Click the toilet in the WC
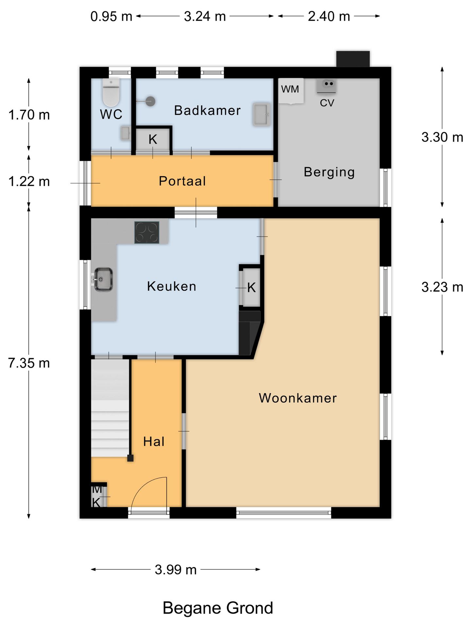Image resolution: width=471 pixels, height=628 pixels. click(111, 92)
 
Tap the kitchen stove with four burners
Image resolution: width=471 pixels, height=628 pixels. click(147, 233)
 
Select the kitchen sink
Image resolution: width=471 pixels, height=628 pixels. click(103, 279)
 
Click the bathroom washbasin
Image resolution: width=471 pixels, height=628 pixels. click(262, 114)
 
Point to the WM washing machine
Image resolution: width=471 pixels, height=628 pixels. click(291, 91)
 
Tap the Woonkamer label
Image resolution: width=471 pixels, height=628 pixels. click(298, 398)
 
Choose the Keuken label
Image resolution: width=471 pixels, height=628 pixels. click(172, 286)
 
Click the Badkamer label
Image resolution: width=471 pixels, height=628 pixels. click(207, 110)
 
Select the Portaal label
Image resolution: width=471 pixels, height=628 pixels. click(182, 181)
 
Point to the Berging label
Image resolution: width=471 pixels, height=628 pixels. click(329, 172)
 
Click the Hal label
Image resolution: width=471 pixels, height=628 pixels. click(154, 442)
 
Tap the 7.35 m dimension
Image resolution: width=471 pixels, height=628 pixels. click(29, 363)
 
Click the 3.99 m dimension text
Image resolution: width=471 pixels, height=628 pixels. click(176, 569)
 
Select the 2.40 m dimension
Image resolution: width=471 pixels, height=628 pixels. click(329, 16)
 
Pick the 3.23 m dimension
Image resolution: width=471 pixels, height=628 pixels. click(442, 287)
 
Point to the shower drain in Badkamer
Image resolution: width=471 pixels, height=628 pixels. click(150, 101)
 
